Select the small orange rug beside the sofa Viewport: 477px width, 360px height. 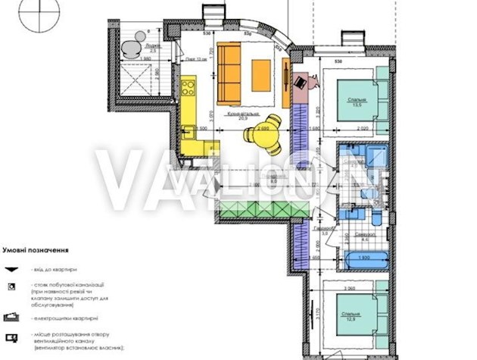coord(260,74)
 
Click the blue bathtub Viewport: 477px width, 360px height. coord(364,258)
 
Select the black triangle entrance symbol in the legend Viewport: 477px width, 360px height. coord(12,269)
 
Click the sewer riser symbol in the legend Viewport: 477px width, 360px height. coord(12,286)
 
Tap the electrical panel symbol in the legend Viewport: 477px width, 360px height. coord(12,315)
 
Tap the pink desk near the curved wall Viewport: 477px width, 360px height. coord(301,82)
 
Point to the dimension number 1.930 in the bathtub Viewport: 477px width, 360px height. coord(363,258)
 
